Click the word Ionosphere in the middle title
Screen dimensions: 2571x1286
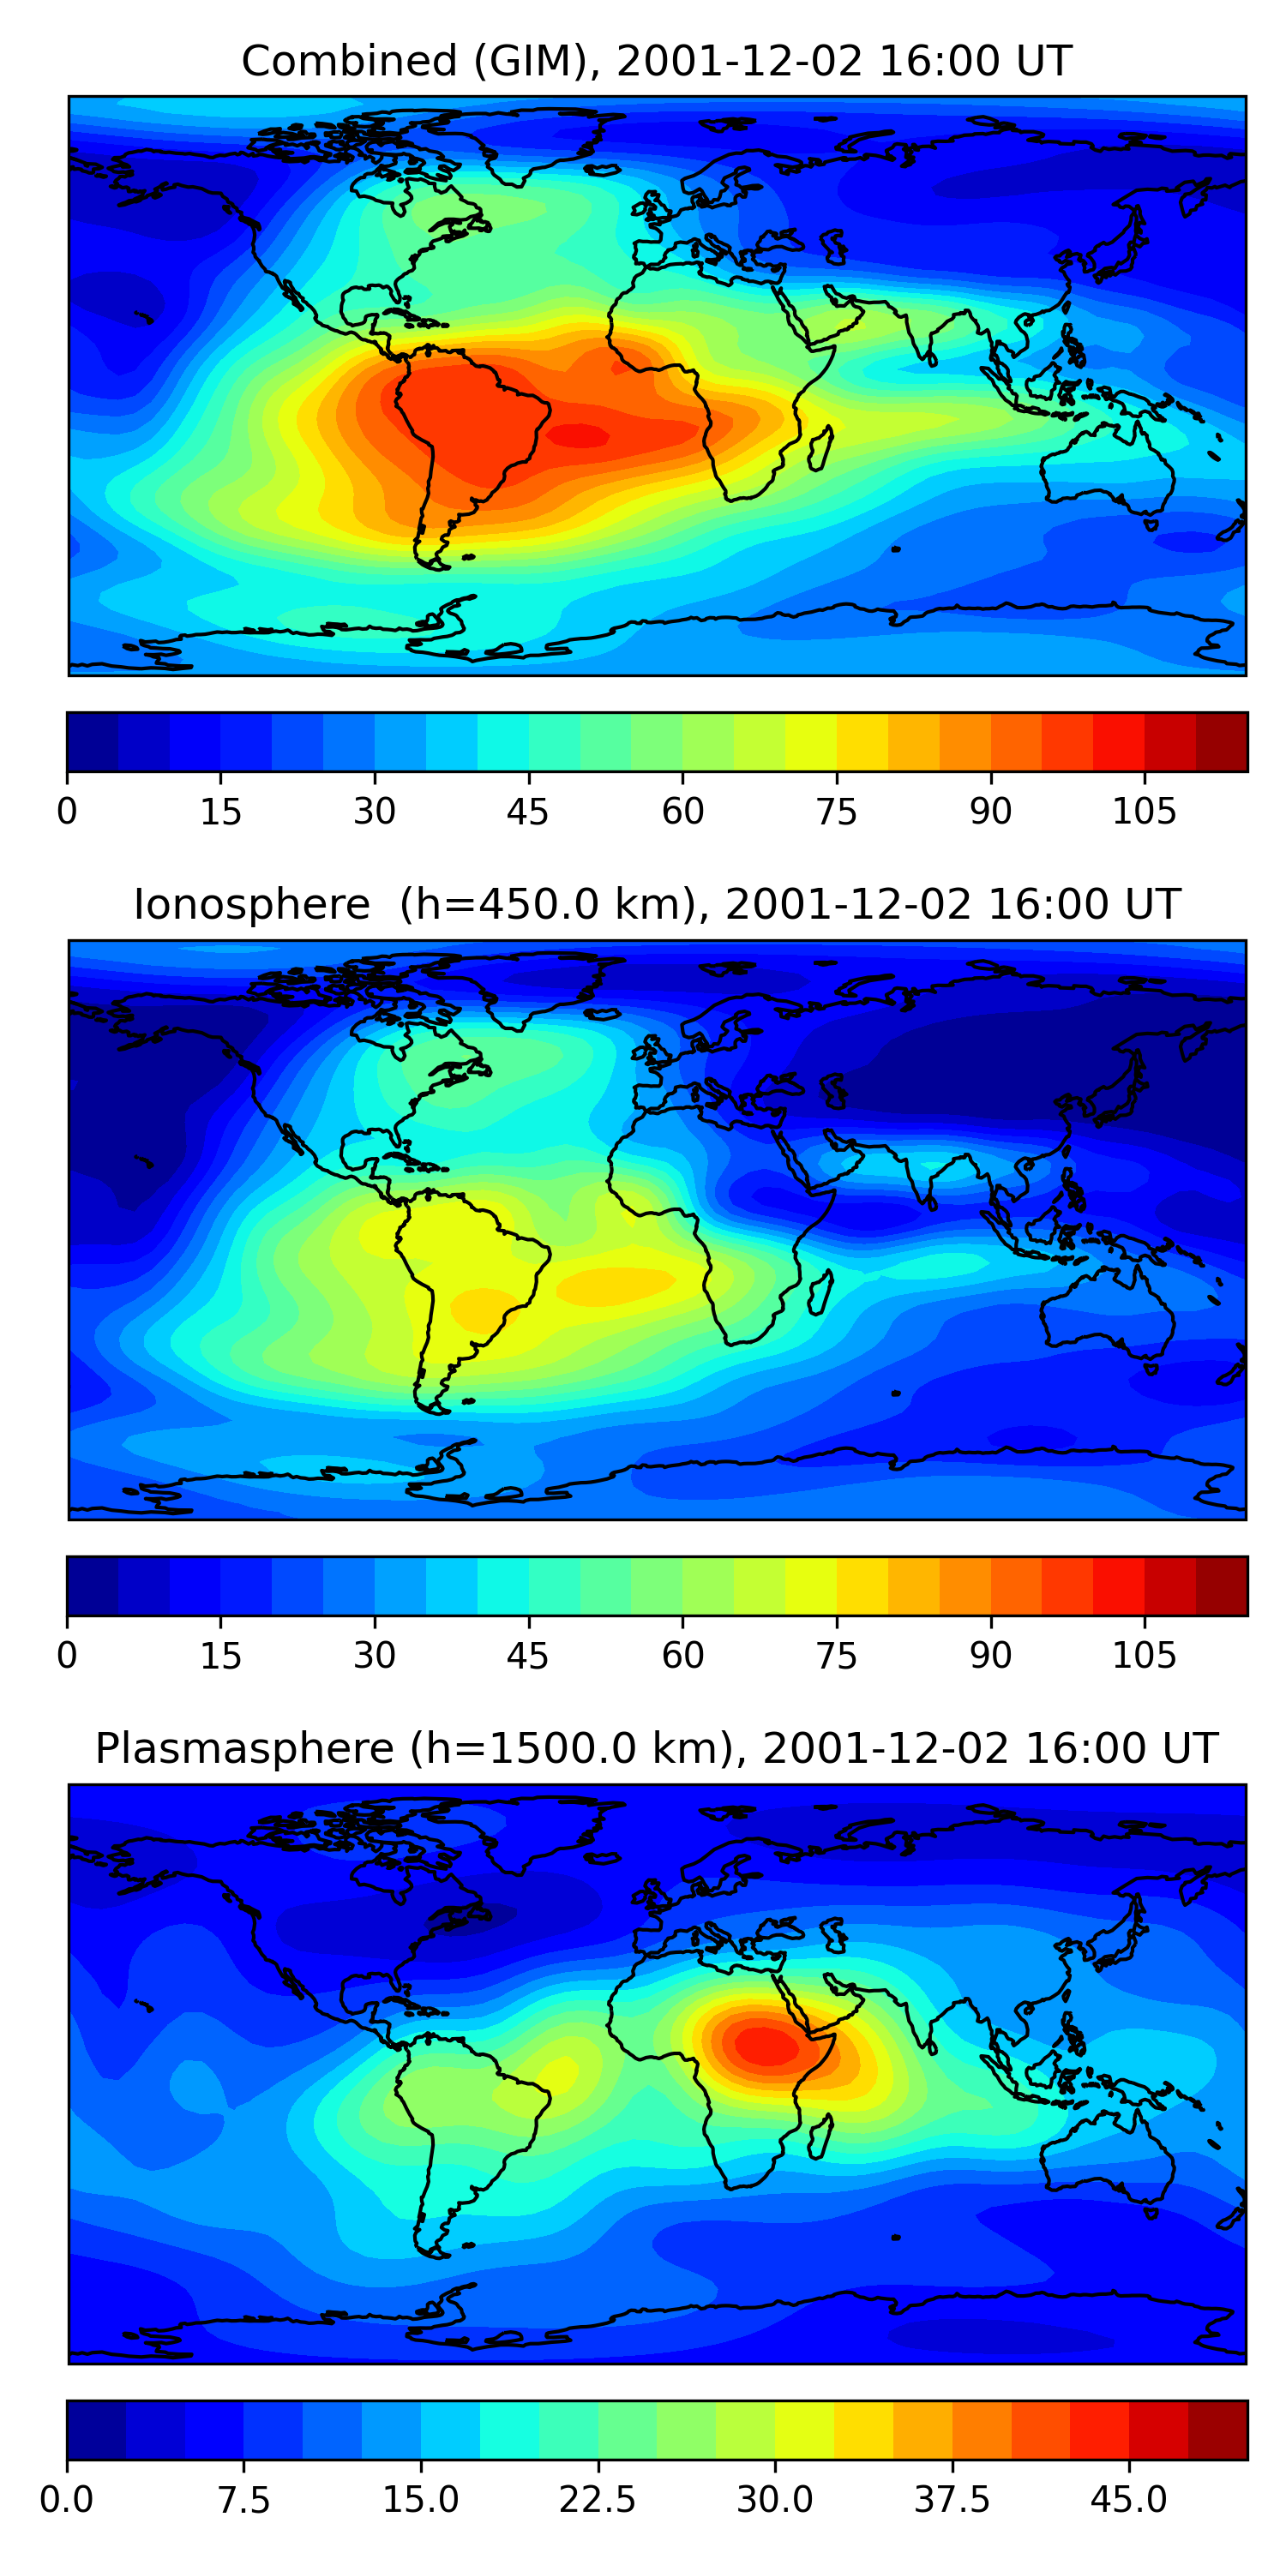pos(251,905)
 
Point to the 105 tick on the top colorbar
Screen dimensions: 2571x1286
pos(1145,812)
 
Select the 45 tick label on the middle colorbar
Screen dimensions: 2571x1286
pos(527,1655)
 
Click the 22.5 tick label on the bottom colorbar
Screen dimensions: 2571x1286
pos(597,2499)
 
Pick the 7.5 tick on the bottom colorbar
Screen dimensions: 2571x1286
pos(243,2499)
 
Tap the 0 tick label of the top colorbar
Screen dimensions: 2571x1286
pos(67,812)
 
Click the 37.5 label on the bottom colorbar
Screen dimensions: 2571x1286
pos(952,2499)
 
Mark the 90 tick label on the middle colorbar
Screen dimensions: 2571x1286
pos(990,1655)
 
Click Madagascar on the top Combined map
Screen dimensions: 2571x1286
pos(820,449)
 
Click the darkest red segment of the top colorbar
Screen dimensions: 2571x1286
pos(1221,741)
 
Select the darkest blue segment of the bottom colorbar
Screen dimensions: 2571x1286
pos(96,2430)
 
